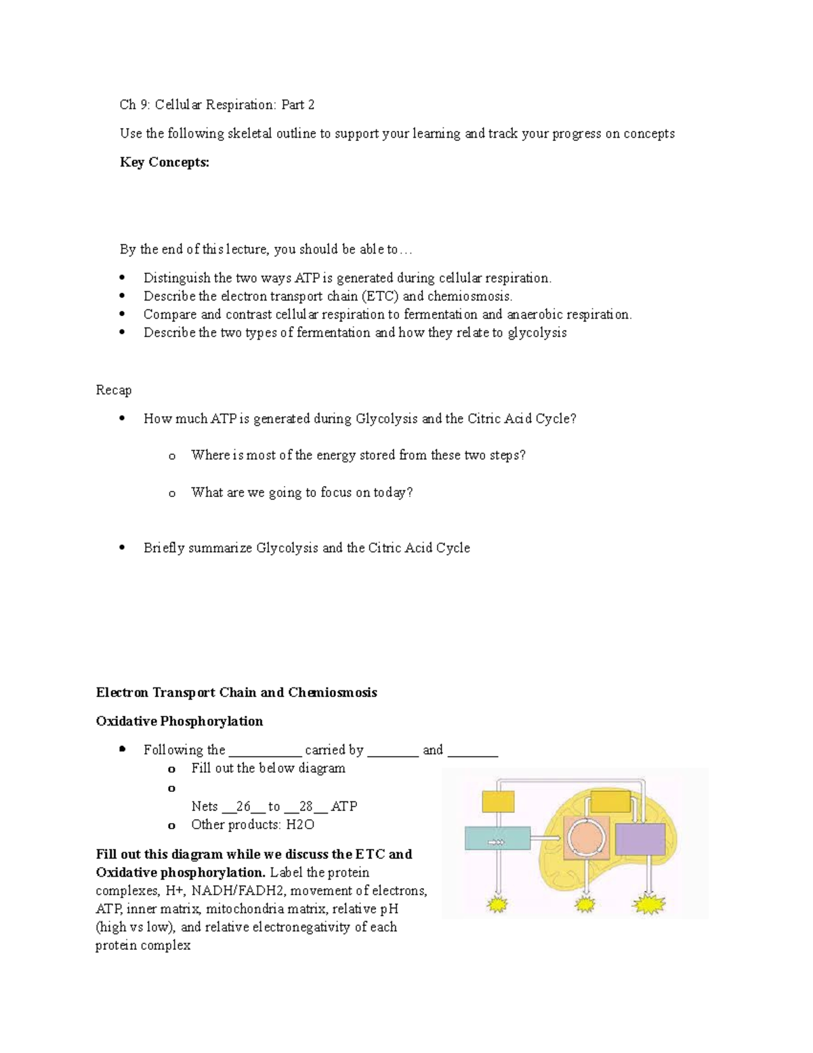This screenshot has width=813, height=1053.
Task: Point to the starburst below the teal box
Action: (x=499, y=904)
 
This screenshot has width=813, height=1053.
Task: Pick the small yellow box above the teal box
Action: (x=498, y=801)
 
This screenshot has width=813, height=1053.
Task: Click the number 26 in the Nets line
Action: (x=243, y=806)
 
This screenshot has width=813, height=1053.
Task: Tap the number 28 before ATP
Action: (x=306, y=806)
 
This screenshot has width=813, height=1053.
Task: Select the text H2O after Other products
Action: (x=300, y=824)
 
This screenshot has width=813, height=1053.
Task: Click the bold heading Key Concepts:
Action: (x=165, y=162)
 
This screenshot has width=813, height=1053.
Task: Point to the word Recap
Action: (x=114, y=390)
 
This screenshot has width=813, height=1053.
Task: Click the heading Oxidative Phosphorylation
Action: (x=180, y=721)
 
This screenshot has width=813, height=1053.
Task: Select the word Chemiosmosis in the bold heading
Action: (x=332, y=692)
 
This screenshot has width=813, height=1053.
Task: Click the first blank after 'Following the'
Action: (x=265, y=750)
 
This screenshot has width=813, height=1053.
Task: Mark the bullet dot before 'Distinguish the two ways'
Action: (x=122, y=278)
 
